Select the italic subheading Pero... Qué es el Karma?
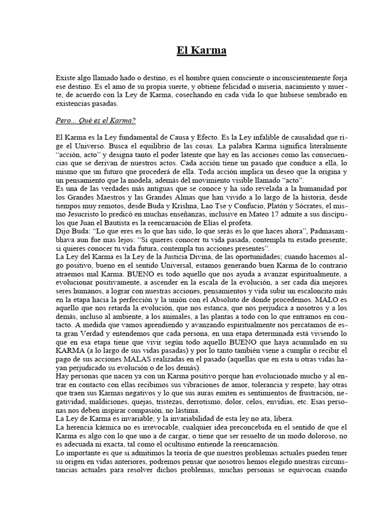(95, 122)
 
